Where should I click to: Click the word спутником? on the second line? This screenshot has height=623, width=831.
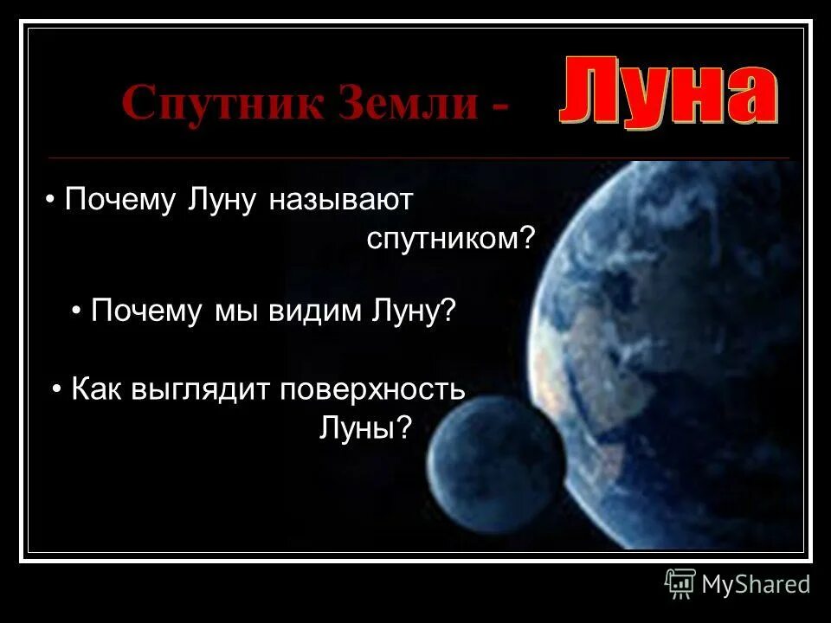451,240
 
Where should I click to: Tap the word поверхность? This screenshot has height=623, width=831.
372,389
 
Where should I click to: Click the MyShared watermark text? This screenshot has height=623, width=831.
756,585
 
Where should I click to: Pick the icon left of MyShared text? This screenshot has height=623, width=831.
680,584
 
